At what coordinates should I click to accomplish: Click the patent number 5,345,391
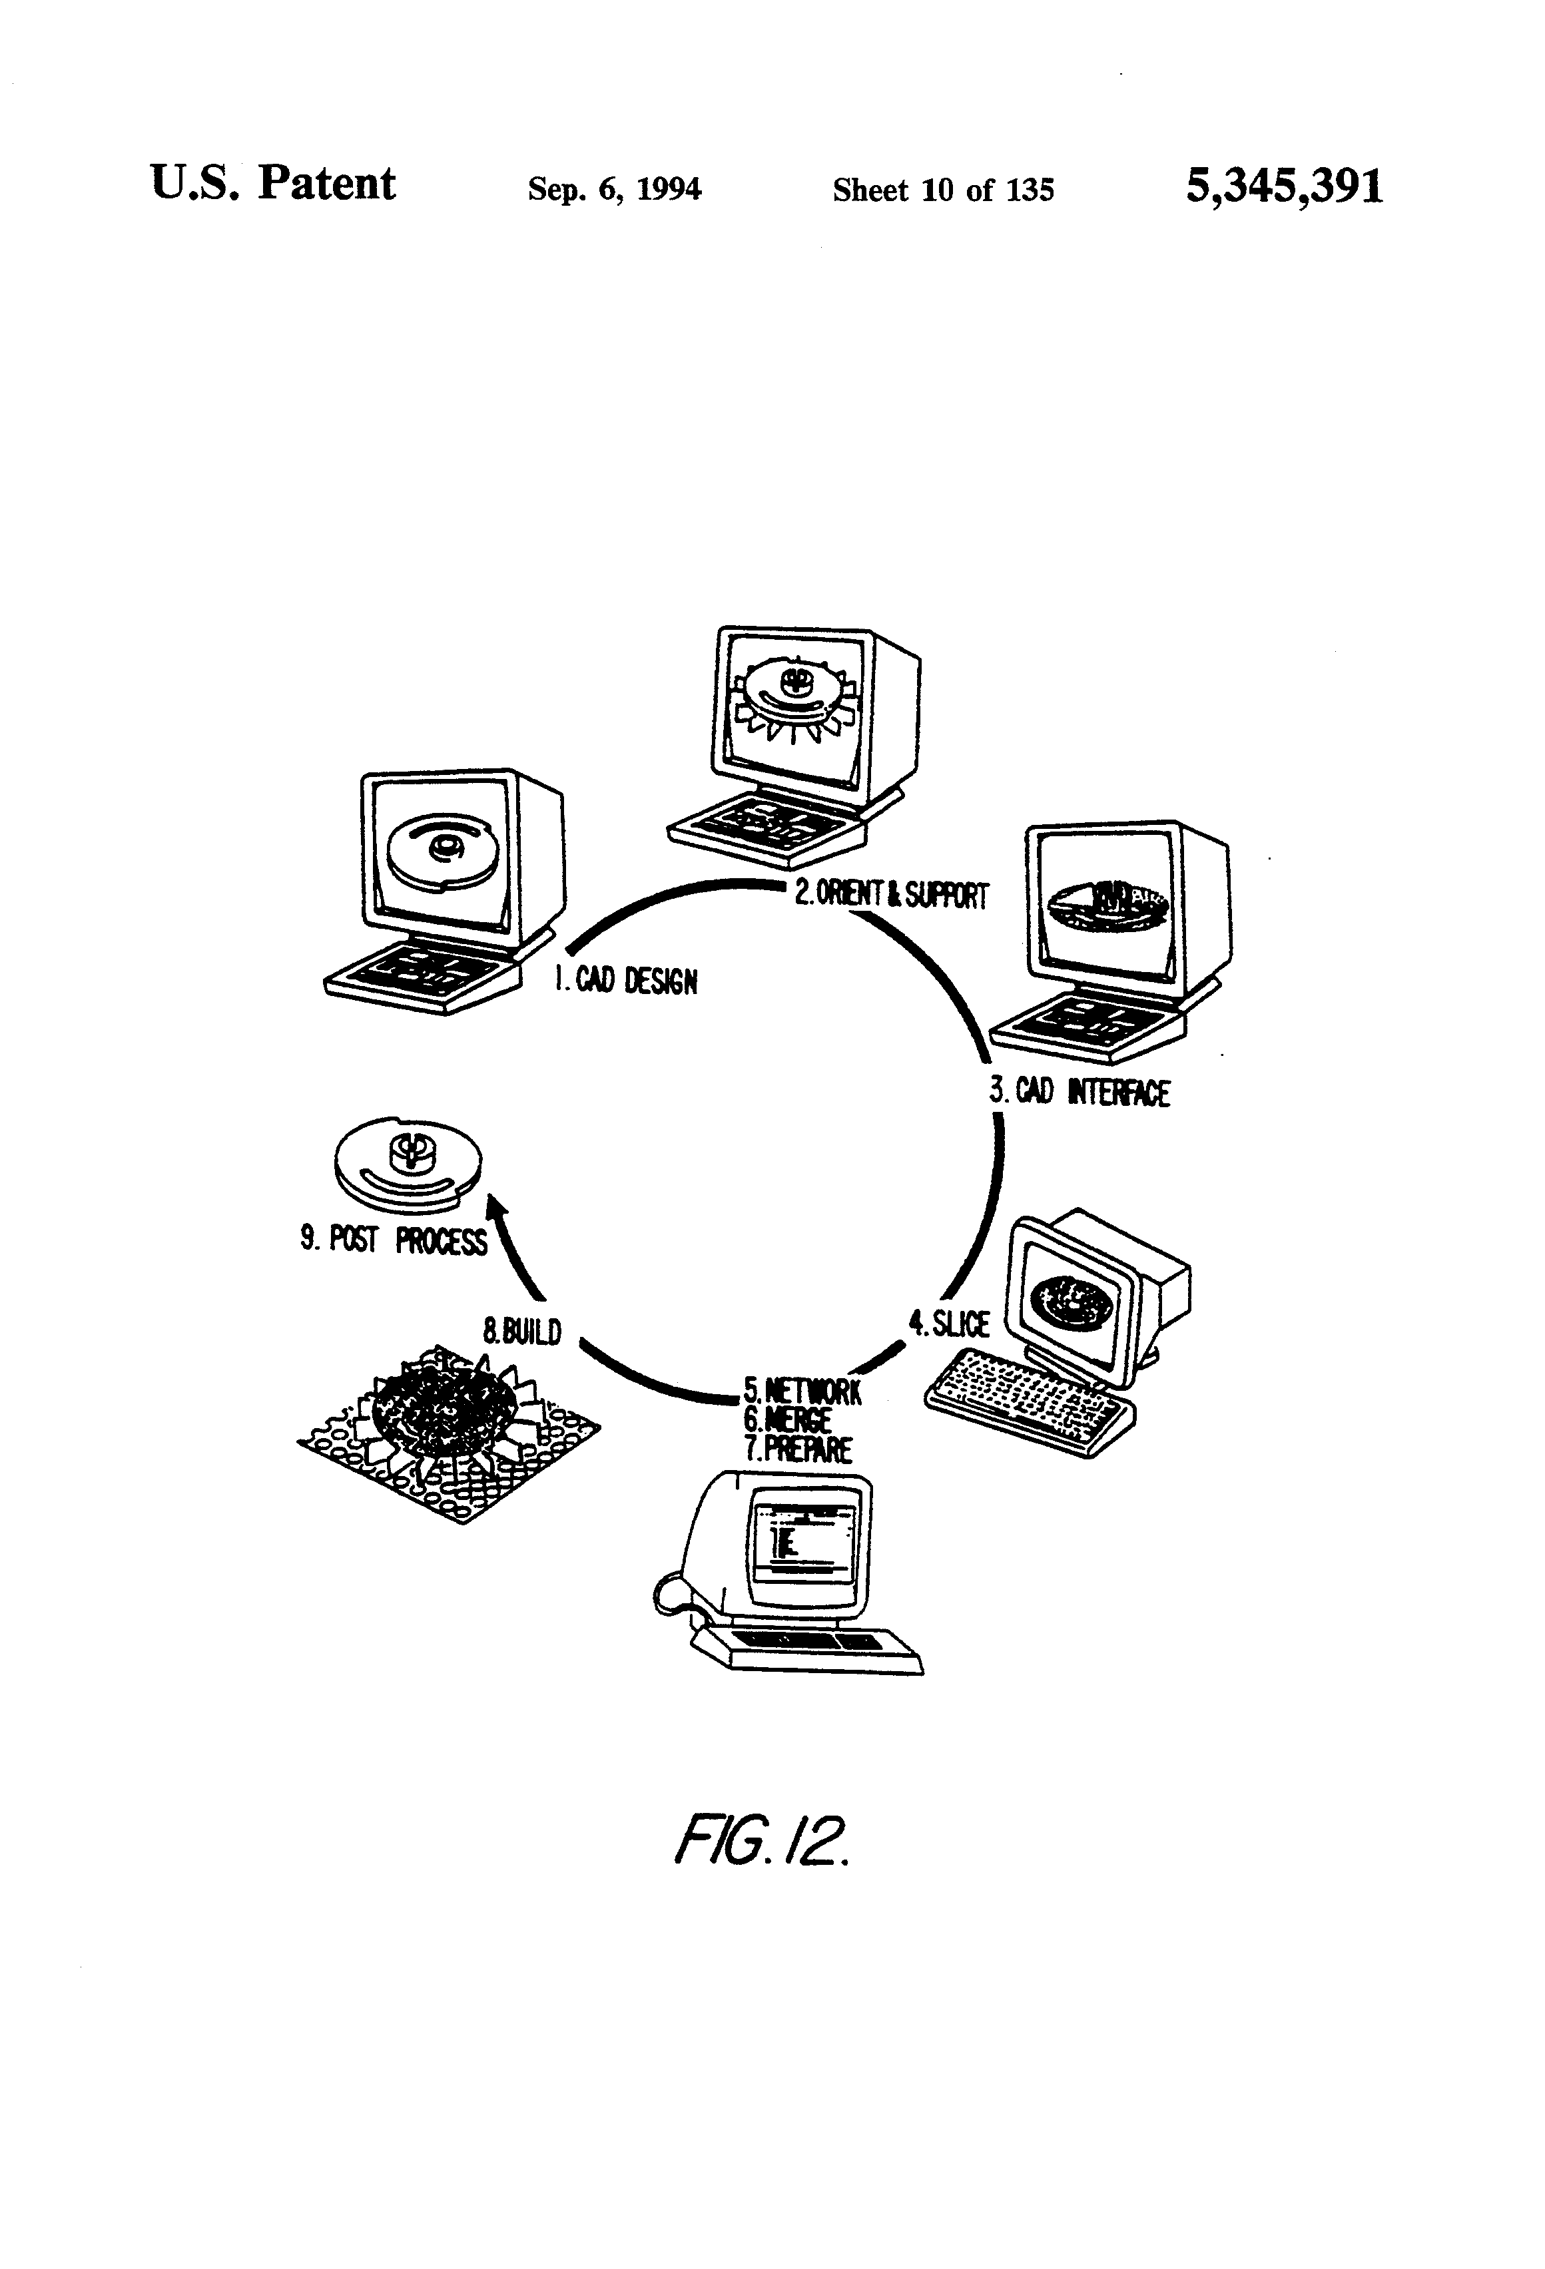click(x=1283, y=186)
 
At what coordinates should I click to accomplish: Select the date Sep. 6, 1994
click(x=614, y=188)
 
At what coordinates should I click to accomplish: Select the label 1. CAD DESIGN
click(x=626, y=979)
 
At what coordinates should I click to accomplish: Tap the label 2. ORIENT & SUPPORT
click(x=890, y=893)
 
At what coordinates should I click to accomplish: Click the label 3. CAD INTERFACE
click(x=1079, y=1091)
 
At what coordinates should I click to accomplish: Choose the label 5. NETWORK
click(x=802, y=1390)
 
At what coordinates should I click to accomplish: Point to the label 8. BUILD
click(x=523, y=1331)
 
